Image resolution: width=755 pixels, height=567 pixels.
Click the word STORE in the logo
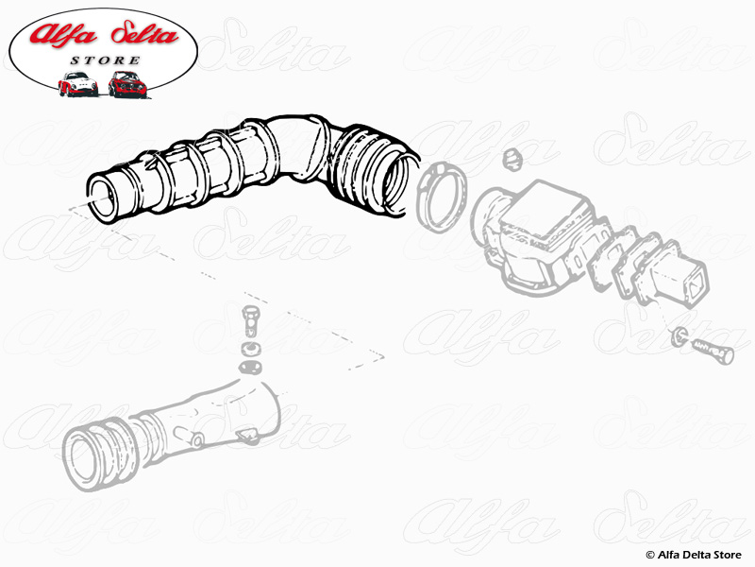point(106,60)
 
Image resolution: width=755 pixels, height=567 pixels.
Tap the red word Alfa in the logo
point(63,34)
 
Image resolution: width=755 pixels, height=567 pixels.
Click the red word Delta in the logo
point(145,34)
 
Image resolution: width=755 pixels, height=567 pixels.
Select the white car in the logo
point(77,84)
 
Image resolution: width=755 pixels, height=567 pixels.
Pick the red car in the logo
point(127,84)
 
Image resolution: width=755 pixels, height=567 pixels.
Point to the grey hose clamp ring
point(441,197)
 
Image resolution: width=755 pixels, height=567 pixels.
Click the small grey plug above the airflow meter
point(512,160)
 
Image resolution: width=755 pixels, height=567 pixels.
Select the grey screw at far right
point(713,351)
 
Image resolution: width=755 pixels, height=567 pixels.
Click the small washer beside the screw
point(678,335)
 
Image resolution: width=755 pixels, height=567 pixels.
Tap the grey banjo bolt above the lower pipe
point(250,321)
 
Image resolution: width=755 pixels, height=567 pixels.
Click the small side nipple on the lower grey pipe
point(197,440)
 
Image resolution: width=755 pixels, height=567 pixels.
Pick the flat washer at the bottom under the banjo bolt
point(250,367)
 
